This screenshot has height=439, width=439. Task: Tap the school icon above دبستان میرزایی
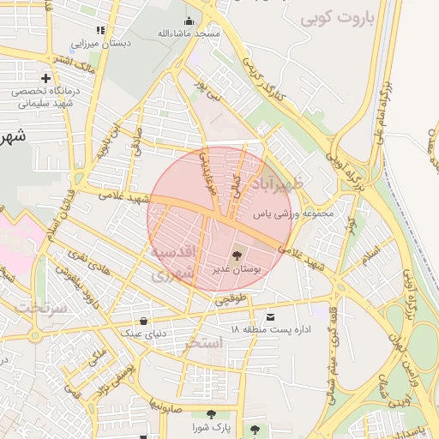(100, 30)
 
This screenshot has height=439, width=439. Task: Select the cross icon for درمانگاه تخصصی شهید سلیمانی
(45, 78)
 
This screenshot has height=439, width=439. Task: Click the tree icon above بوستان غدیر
(236, 255)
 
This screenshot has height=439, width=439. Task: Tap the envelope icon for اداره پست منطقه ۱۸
(272, 316)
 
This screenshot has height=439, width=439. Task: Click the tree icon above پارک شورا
(211, 414)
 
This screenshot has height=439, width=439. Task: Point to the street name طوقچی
(230, 299)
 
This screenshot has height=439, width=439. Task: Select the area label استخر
(203, 343)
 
